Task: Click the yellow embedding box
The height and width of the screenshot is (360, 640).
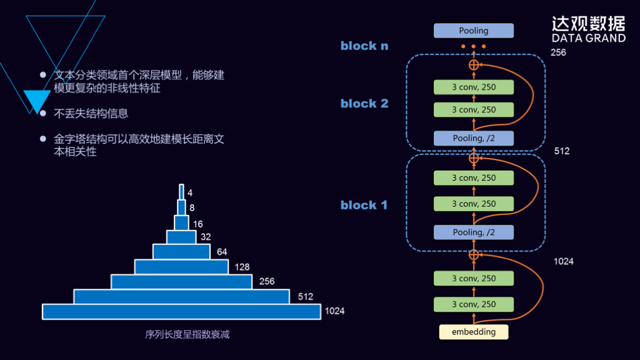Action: [474, 332]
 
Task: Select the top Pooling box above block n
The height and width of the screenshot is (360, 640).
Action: [474, 31]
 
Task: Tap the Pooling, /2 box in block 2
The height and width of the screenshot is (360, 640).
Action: [474, 138]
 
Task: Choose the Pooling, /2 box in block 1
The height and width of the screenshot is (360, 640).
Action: [474, 232]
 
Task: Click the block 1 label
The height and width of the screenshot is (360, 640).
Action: [364, 205]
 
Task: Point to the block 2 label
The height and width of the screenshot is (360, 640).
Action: [364, 103]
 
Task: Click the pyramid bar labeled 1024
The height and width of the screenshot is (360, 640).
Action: [181, 311]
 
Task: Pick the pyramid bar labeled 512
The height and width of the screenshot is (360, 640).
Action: [181, 296]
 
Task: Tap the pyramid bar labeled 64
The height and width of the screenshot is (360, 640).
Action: [181, 251]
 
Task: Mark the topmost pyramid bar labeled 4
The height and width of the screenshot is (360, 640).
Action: [181, 191]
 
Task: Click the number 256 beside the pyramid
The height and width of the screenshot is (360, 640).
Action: [267, 282]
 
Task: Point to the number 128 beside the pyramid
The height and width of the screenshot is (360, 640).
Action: [242, 267]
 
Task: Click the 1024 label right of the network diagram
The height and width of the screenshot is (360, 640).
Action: [564, 261]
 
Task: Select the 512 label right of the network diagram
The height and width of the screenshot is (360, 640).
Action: [562, 151]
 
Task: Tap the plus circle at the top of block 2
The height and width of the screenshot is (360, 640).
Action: [474, 65]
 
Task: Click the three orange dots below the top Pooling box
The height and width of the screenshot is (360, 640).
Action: [474, 47]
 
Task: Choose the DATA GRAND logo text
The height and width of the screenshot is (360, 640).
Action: [588, 38]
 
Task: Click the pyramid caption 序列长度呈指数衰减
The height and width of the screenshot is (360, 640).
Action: [187, 334]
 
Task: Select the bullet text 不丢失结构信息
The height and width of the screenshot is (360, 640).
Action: [91, 114]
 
